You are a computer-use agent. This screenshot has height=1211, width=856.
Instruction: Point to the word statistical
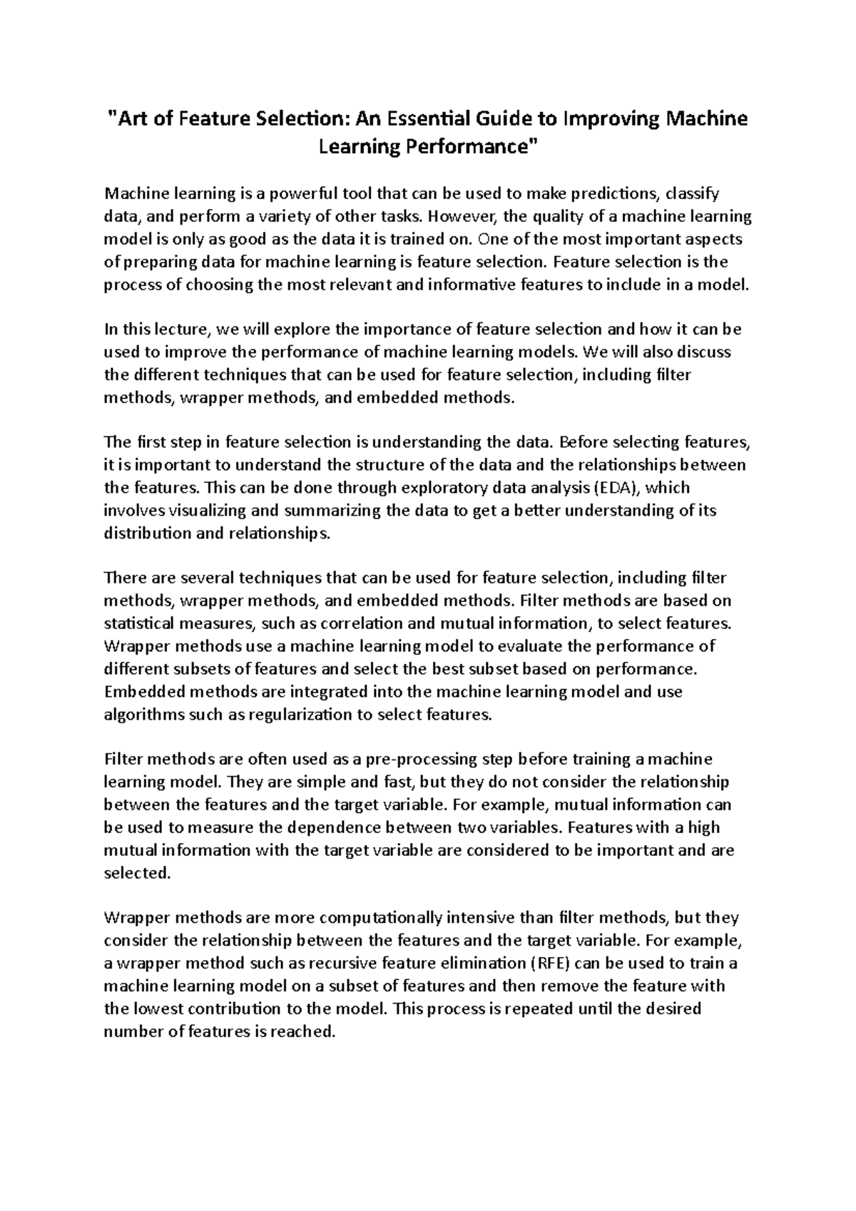coord(139,623)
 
